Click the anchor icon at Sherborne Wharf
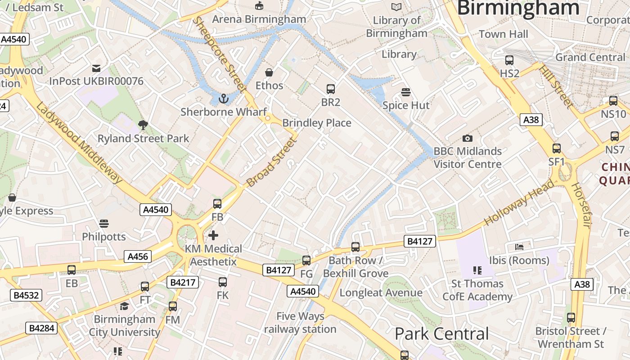(223, 98)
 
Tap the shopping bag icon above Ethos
(269, 72)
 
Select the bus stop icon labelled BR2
(331, 89)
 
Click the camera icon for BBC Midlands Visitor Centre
(468, 138)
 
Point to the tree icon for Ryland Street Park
(143, 125)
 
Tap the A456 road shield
(138, 256)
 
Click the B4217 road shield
(182, 282)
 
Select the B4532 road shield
(27, 295)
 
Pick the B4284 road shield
(41, 328)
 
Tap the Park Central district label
(441, 334)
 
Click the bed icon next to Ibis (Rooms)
(519, 247)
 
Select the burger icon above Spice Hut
(406, 92)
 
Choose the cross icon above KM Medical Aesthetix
(213, 235)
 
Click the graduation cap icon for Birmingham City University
(124, 306)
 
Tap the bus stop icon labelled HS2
(509, 60)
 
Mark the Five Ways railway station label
(300, 323)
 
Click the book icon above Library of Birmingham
(396, 7)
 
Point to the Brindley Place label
(316, 123)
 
